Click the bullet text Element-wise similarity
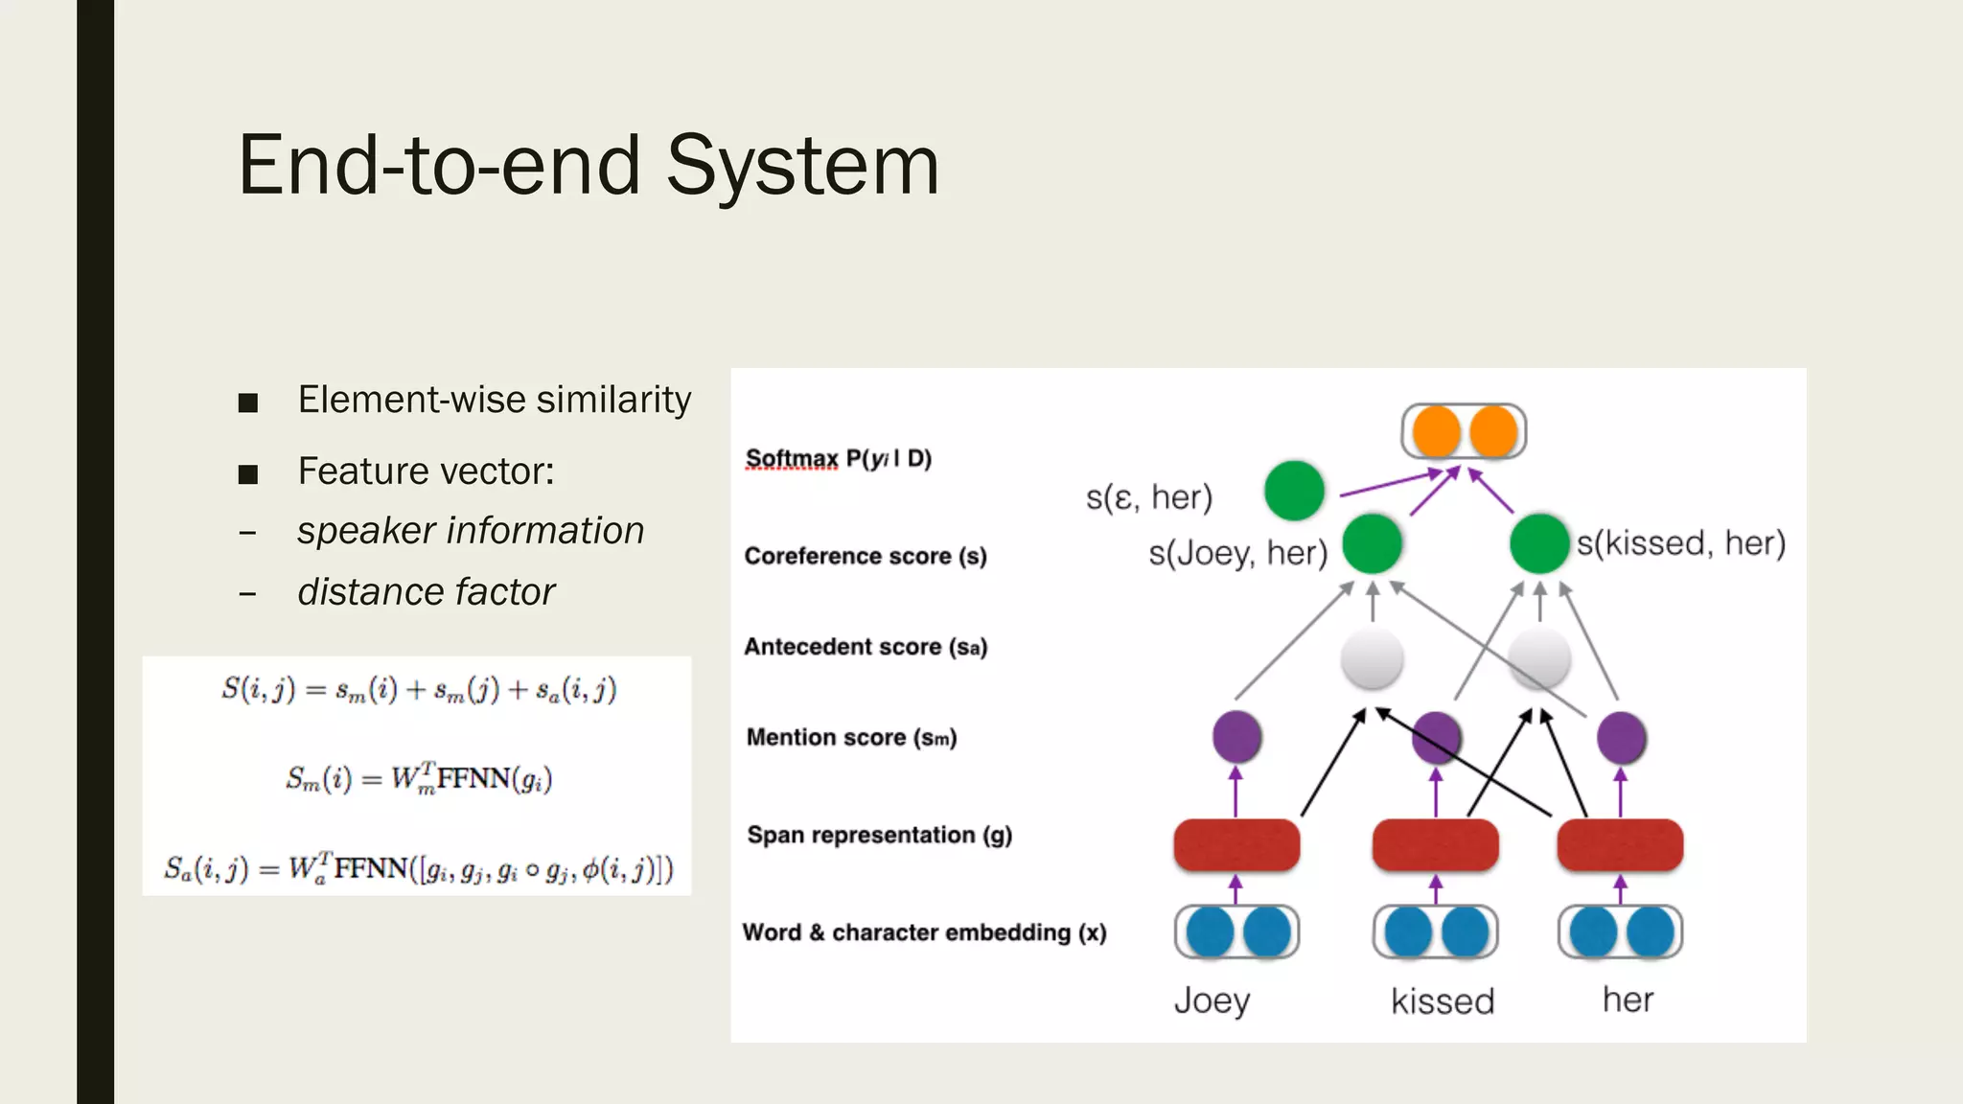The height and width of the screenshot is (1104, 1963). pyautogui.click(x=494, y=400)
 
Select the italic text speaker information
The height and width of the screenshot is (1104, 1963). pyautogui.click(x=470, y=531)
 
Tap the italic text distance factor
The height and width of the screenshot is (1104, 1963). pyautogui.click(x=426, y=592)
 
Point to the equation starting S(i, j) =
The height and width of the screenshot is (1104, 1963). pyautogui.click(x=419, y=690)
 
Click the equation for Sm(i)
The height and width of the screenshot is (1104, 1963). pyautogui.click(x=419, y=779)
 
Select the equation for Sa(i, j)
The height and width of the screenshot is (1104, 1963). pyautogui.click(x=419, y=869)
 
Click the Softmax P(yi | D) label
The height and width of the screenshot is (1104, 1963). pyautogui.click(x=839, y=459)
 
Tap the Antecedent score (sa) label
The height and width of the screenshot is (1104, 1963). pyautogui.click(x=865, y=648)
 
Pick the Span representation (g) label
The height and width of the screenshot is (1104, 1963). pyautogui.click(x=879, y=836)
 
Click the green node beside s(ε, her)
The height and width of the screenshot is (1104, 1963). pyautogui.click(x=1294, y=491)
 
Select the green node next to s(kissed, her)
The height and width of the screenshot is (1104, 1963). pyautogui.click(x=1538, y=543)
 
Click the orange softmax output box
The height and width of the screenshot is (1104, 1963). pyautogui.click(x=1464, y=431)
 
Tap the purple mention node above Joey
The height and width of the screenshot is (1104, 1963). pyautogui.click(x=1236, y=737)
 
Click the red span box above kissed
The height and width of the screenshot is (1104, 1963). pyautogui.click(x=1435, y=845)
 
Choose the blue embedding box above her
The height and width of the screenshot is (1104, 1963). pyautogui.click(x=1620, y=932)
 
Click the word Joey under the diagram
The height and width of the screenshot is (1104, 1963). pyautogui.click(x=1212, y=1000)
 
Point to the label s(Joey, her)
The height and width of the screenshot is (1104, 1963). pyautogui.click(x=1237, y=553)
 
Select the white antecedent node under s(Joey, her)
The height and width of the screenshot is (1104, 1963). pyautogui.click(x=1372, y=658)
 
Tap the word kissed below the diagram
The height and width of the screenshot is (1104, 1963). pyautogui.click(x=1442, y=1001)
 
